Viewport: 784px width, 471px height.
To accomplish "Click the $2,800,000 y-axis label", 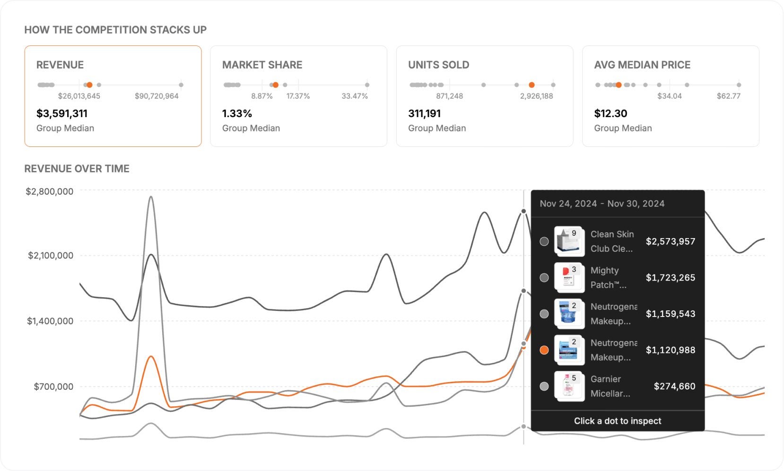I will tap(50, 191).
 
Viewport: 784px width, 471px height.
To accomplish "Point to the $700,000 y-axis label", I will tap(53, 386).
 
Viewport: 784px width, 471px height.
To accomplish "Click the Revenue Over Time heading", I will tap(77, 169).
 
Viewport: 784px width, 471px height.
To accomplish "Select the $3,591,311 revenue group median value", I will tap(62, 113).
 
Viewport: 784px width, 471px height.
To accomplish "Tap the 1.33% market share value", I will tap(237, 113).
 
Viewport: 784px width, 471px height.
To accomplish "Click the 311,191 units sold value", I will tap(424, 113).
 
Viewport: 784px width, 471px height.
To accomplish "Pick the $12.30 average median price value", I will tap(610, 113).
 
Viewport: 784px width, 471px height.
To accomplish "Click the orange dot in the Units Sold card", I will tap(531, 85).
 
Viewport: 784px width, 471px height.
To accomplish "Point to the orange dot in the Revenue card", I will tap(89, 85).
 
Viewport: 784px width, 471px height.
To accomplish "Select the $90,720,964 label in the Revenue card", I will tap(157, 96).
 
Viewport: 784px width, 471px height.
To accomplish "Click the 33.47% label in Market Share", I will tap(355, 96).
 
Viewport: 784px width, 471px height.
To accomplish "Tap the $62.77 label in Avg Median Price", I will tap(728, 96).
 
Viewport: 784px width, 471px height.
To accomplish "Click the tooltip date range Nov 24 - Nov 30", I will tap(602, 204).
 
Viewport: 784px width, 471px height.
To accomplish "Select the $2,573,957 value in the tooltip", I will tap(671, 241).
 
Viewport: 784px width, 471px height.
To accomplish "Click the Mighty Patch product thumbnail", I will tap(569, 277).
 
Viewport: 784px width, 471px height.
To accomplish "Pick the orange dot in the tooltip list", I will tap(544, 350).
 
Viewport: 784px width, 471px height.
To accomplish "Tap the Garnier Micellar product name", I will tap(610, 386).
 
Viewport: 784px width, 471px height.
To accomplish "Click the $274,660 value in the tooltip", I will tap(674, 386).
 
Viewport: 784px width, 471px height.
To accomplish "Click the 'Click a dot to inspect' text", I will tap(618, 421).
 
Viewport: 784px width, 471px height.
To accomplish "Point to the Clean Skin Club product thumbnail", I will tap(569, 241).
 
